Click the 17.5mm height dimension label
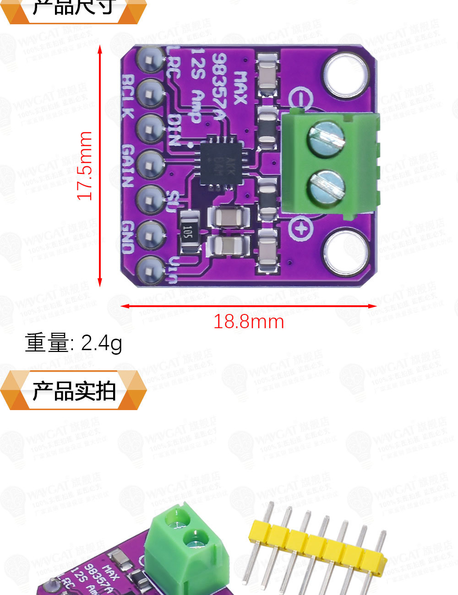[x=85, y=166]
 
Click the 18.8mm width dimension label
[x=249, y=322]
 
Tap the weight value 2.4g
[x=101, y=343]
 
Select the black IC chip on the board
[x=218, y=162]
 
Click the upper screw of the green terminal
[x=326, y=139]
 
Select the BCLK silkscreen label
[x=129, y=96]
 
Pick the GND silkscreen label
[x=129, y=237]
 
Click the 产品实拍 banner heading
[x=73, y=390]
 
